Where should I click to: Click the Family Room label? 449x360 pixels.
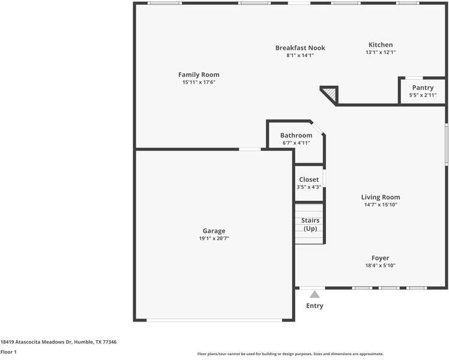(199, 74)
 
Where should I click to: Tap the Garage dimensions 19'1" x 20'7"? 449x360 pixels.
(214, 238)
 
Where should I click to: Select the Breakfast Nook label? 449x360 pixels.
(300, 48)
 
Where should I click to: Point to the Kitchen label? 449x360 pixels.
(381, 45)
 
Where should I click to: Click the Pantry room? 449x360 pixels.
(423, 91)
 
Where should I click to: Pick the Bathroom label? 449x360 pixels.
(296, 136)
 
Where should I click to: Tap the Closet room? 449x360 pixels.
(309, 183)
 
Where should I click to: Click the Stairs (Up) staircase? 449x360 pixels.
(309, 224)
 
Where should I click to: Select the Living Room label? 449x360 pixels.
(381, 197)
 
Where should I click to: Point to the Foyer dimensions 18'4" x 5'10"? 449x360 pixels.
(381, 265)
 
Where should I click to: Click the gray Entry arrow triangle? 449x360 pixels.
(315, 295)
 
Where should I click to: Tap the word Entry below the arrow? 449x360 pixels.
(315, 306)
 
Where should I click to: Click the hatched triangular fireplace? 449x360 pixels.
(330, 94)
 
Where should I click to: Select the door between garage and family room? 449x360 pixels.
(250, 149)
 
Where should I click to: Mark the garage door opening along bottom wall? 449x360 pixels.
(214, 320)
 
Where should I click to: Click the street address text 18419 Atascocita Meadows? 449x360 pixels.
(58, 342)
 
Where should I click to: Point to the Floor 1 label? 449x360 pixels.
(8, 352)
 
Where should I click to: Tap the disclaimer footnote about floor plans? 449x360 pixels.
(291, 354)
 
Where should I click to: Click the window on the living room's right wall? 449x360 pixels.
(446, 145)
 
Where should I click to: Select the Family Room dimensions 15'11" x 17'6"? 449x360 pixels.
(199, 82)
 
